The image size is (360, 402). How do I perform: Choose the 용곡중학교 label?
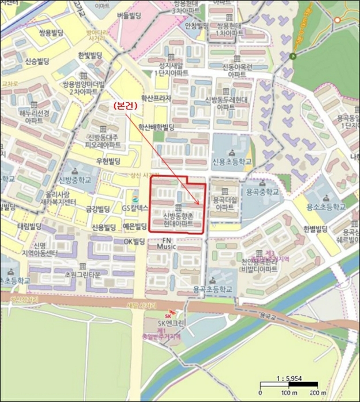pos(262,193)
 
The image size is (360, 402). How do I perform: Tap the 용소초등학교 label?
pos(326,206)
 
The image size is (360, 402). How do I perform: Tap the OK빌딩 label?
pos(135,242)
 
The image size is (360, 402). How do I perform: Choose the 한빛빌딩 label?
pos(90,56)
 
